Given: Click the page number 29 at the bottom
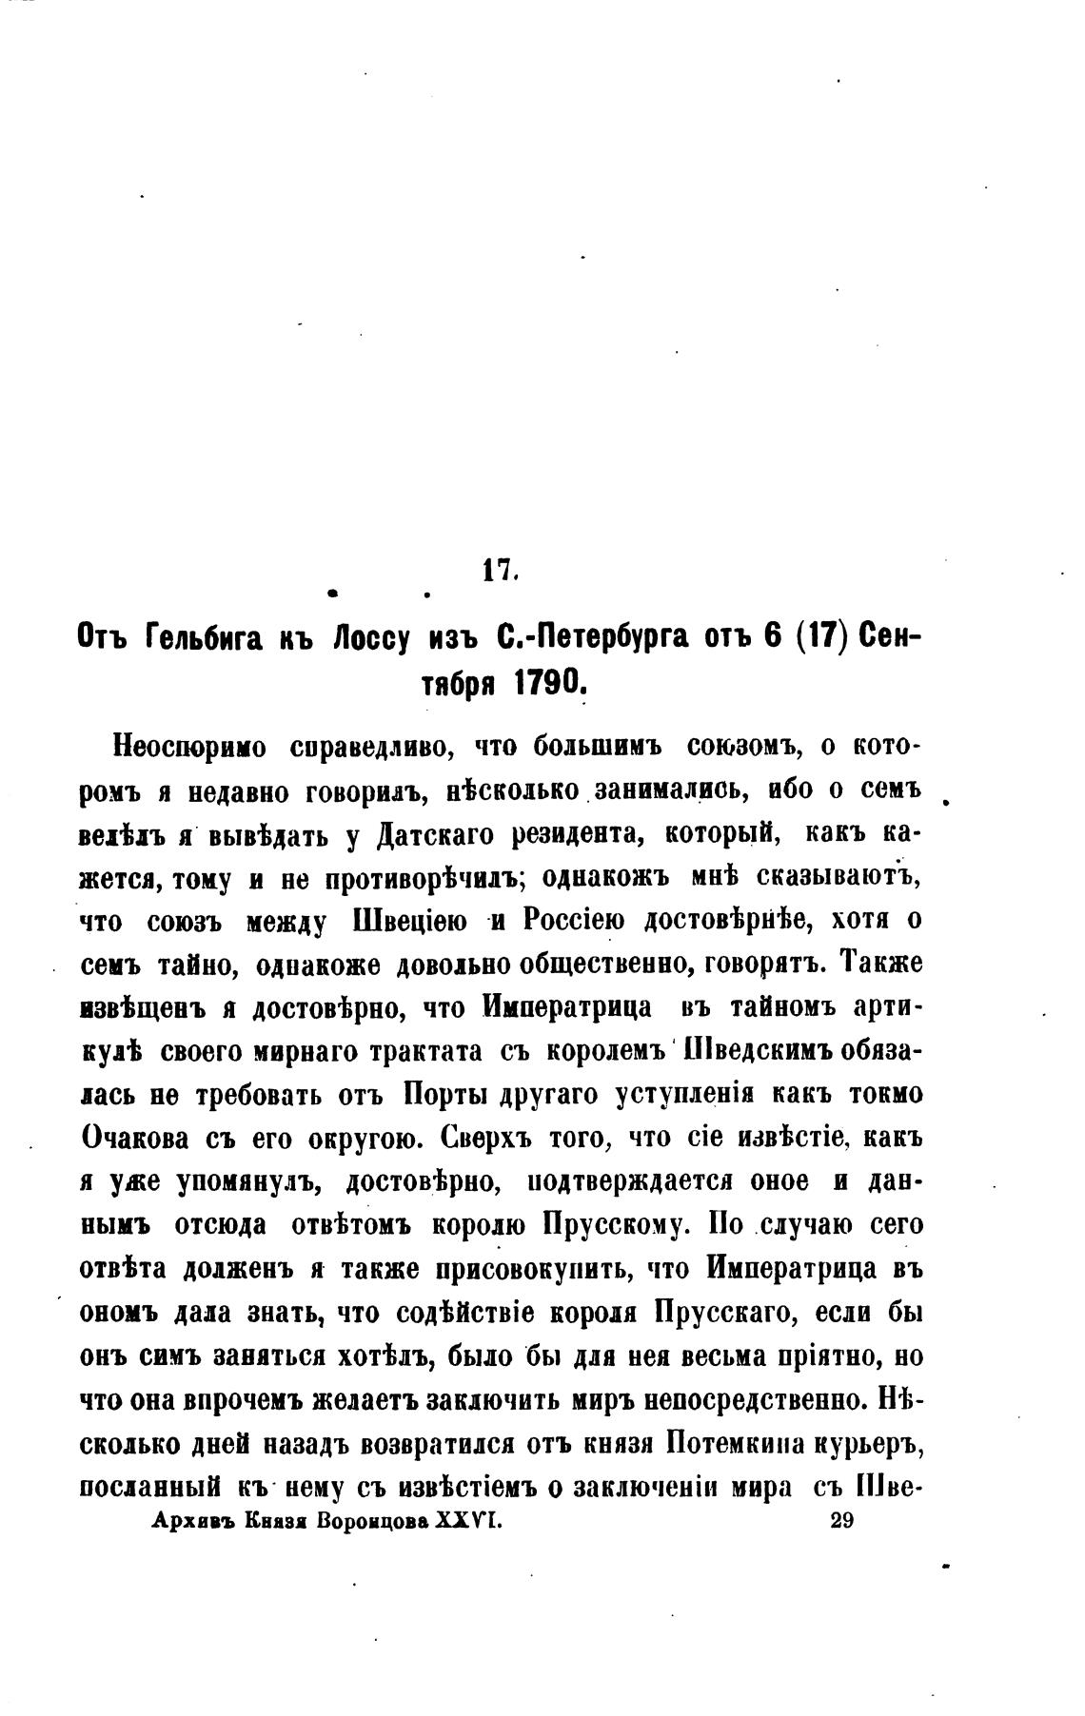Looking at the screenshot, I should point(841,1520).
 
